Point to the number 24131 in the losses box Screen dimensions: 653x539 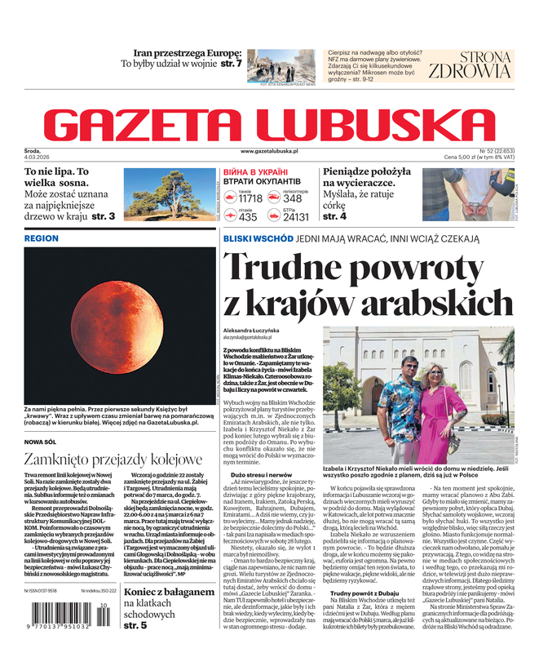(x=295, y=217)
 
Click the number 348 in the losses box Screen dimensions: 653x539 (x=293, y=198)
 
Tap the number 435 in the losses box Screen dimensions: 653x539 (x=248, y=217)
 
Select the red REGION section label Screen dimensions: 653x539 (x=42, y=238)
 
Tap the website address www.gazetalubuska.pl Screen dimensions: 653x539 (x=270, y=151)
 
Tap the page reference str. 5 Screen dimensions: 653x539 (x=135, y=625)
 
